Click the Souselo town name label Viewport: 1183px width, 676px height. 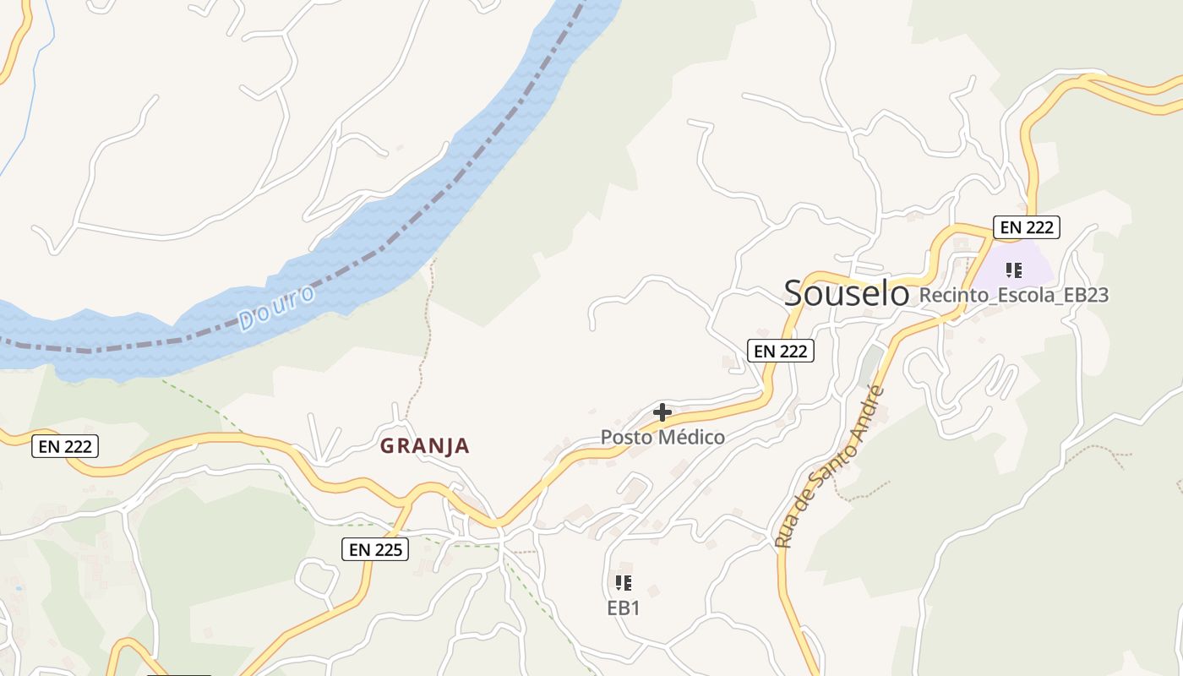pos(846,293)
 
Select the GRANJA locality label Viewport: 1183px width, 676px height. pos(424,446)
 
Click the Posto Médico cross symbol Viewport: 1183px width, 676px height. pos(662,412)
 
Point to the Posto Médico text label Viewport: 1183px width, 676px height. pos(662,437)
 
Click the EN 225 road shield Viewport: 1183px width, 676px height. pos(375,549)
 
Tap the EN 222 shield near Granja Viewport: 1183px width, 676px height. pos(65,446)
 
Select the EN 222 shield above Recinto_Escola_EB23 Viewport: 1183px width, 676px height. pos(1026,226)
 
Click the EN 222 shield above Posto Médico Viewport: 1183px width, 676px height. pos(780,351)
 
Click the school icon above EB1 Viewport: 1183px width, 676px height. pos(624,583)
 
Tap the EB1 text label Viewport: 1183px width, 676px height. pos(624,608)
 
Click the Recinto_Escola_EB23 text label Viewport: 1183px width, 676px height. pos(1014,295)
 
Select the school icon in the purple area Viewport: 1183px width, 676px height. pos(1013,270)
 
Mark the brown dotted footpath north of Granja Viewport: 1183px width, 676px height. pos(422,338)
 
